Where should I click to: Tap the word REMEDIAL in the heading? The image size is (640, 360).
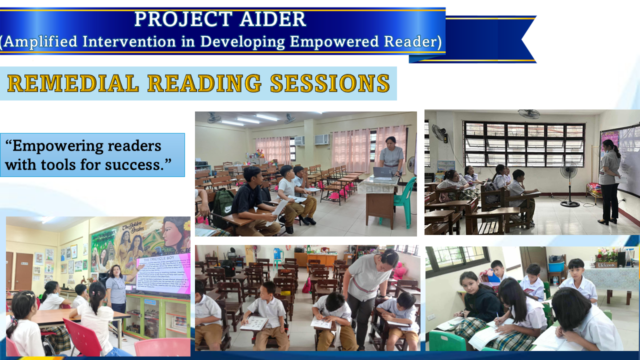pos(72,83)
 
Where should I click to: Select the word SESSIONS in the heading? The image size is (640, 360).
pos(329,83)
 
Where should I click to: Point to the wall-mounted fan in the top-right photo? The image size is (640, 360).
pos(438,133)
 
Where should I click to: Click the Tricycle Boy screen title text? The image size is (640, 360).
pos(159,259)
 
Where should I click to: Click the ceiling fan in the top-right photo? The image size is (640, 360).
pos(529,113)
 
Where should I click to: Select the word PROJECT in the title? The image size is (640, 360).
pos(174,19)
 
